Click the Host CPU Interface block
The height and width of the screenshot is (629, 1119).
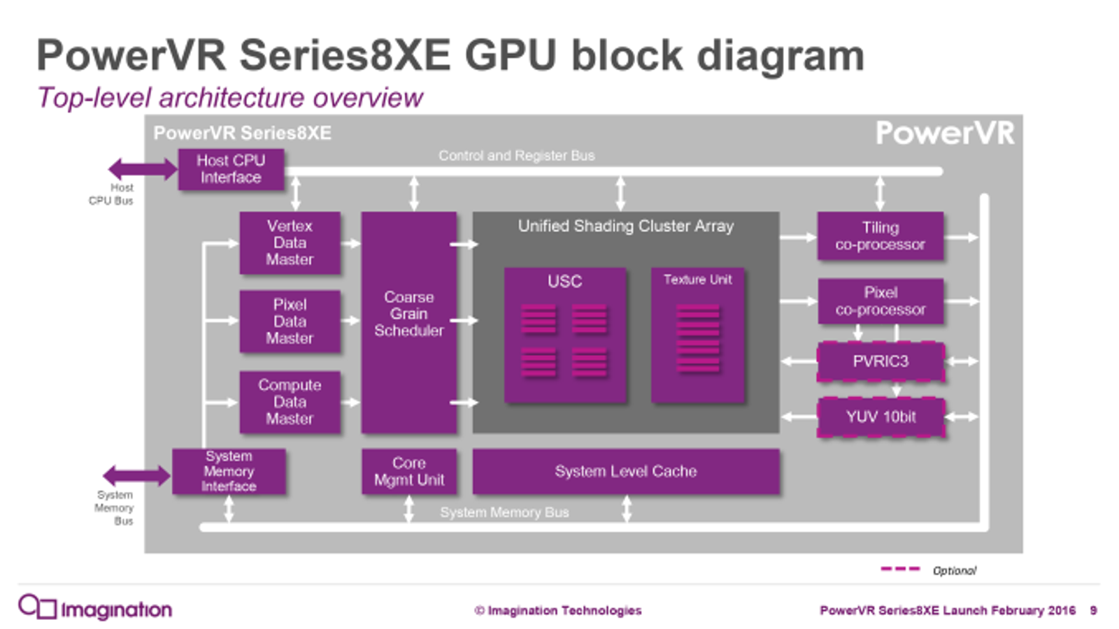[x=231, y=169]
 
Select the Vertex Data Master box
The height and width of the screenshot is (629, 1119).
[x=290, y=243]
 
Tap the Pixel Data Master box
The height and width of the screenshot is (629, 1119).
[x=290, y=321]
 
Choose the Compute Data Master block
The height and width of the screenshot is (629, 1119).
[x=290, y=402]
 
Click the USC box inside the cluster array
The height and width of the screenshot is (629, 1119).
[x=565, y=335]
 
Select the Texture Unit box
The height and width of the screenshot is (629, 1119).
[x=697, y=335]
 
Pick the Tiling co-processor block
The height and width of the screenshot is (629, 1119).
[x=880, y=236]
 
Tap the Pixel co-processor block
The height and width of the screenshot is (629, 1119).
[x=880, y=301]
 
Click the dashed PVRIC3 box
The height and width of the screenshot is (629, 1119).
[x=880, y=361]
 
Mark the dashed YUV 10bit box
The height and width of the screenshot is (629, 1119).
[x=880, y=417]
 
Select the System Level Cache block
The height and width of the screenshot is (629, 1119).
[x=626, y=472]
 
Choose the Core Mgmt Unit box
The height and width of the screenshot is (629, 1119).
[x=409, y=472]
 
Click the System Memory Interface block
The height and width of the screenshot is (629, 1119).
[x=229, y=472]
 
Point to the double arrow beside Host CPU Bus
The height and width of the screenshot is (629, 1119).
[x=142, y=168]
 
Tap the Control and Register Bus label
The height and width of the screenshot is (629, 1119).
[x=516, y=156]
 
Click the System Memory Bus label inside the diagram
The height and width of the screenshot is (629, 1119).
[x=504, y=512]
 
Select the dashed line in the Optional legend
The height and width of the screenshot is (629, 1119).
[x=900, y=570]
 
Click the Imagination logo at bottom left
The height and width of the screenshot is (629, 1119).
[x=95, y=608]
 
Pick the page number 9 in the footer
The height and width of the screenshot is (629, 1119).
[x=1093, y=611]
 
